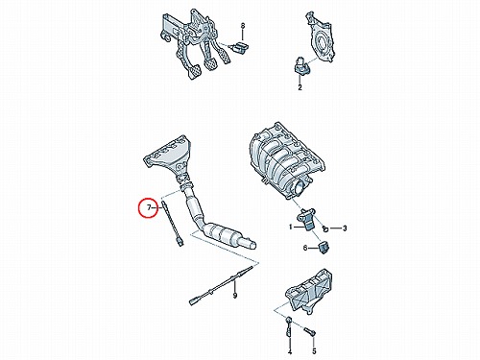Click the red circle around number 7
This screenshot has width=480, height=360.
(139, 207)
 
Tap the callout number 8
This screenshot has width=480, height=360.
(242, 25)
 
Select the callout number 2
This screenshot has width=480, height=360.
(300, 87)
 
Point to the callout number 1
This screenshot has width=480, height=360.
(291, 228)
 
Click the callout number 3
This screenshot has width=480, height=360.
(345, 228)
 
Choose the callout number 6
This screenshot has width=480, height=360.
(305, 248)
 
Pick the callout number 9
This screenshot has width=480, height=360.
(235, 296)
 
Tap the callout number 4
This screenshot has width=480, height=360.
(290, 352)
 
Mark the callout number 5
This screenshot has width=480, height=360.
(314, 351)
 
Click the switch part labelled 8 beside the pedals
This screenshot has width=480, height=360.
(240, 47)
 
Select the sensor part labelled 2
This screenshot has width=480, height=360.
(301, 65)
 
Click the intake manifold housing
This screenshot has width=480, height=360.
(287, 161)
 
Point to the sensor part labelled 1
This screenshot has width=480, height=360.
(306, 219)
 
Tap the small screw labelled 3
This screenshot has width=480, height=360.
(325, 228)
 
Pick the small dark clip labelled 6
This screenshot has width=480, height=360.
(324, 248)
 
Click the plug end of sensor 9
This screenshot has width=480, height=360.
(194, 300)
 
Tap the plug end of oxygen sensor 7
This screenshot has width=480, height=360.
(180, 242)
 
